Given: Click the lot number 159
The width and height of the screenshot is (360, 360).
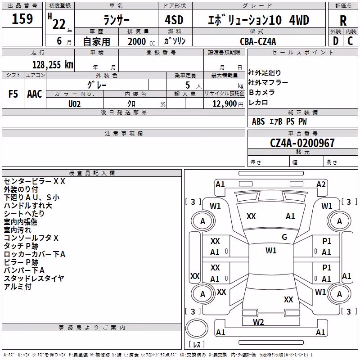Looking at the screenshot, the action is click(x=22, y=19).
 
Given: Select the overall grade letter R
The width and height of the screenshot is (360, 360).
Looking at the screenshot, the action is click(x=343, y=21).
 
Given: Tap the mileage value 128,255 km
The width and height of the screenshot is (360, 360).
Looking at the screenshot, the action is click(x=53, y=65).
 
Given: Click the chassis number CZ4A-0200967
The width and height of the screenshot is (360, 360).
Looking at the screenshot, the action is click(x=302, y=143).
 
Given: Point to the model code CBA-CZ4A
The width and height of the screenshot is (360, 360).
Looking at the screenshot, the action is click(x=258, y=41).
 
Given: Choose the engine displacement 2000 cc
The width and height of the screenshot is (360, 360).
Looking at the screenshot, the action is click(x=141, y=42).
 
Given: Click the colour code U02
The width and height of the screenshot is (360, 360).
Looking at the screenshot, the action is click(x=74, y=104).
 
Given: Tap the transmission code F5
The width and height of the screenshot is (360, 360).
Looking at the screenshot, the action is click(x=13, y=94).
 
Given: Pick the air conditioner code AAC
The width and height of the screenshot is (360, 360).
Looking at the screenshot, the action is click(x=35, y=94).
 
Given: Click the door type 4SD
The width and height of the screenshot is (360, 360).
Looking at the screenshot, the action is click(x=174, y=20).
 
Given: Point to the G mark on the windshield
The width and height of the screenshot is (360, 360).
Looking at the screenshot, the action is click(x=284, y=237).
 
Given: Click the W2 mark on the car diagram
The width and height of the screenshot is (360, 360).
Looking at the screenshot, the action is click(x=258, y=322).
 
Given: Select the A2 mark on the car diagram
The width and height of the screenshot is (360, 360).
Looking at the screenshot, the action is click(x=321, y=184).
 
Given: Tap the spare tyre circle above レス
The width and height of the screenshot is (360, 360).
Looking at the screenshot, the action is click(x=197, y=328).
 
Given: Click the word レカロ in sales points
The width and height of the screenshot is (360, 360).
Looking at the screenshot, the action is click(x=258, y=103).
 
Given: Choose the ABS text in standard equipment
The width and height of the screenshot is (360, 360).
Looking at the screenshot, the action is click(x=258, y=121).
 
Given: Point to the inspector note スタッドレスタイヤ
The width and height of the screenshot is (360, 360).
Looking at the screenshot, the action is click(x=34, y=279).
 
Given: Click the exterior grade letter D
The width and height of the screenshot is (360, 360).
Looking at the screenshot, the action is click(x=336, y=41).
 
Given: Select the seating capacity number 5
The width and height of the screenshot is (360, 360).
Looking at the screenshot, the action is click(x=188, y=85).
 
